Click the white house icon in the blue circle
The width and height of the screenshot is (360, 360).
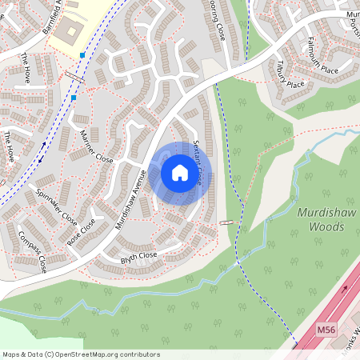coord(180,172)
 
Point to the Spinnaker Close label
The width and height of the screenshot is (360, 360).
coord(58,206)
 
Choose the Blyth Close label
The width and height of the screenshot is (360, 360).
coord(138,257)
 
